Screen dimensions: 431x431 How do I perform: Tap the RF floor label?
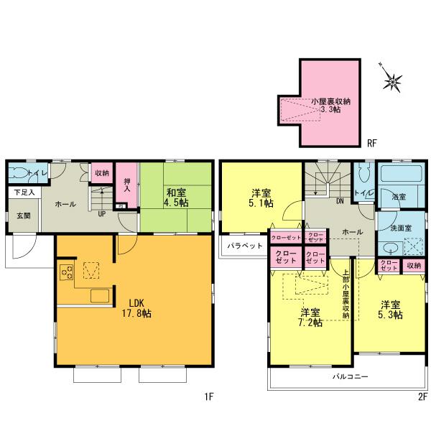tap(372, 144)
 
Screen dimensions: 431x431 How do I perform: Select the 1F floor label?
tap(208, 397)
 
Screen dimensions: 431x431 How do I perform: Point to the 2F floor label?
tap(422, 397)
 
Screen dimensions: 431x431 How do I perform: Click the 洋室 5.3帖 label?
tap(391, 310)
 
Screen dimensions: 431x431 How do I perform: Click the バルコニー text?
tap(350, 376)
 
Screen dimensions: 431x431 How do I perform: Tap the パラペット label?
tap(242, 245)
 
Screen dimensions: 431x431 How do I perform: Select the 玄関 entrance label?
tap(24, 215)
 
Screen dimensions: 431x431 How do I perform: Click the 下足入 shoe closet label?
tap(24, 193)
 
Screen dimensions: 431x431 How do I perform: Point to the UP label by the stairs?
tap(102, 213)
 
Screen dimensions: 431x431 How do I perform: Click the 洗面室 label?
tap(400, 228)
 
